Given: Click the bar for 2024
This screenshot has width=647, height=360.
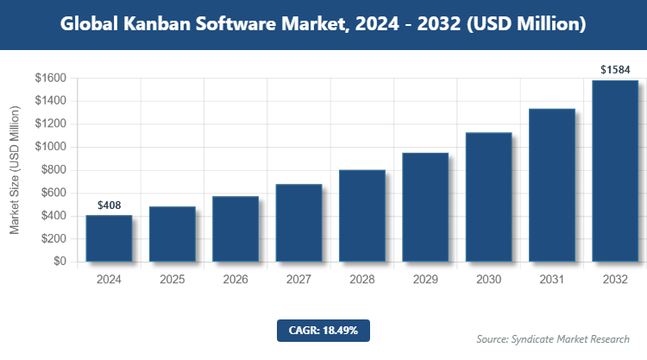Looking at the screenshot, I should click(109, 238).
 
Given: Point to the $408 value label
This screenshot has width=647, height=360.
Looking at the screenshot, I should click(109, 205).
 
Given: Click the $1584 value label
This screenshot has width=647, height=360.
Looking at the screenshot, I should click(615, 68).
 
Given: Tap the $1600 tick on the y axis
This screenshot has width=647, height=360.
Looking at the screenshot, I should click(50, 79).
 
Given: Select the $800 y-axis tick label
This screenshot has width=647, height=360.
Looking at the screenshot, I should click(53, 170).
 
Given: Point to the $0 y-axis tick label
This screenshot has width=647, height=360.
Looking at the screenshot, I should click(60, 262).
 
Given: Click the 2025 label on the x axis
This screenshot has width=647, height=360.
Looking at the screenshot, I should click(172, 280).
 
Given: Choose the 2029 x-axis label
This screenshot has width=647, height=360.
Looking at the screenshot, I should click(425, 280).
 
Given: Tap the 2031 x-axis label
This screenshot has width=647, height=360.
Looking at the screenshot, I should click(552, 280).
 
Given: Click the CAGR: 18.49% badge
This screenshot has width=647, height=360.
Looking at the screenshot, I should click(323, 330).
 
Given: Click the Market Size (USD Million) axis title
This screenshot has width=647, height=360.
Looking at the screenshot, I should click(16, 170).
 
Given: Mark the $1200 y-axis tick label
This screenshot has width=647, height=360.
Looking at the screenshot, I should click(50, 124).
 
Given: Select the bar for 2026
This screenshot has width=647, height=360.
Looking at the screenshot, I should click(236, 229).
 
